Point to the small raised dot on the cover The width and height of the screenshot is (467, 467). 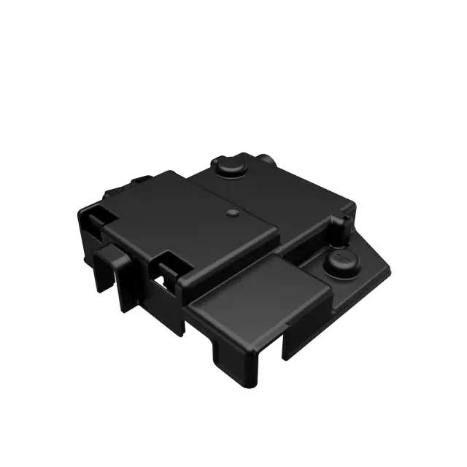(x=231, y=214)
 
